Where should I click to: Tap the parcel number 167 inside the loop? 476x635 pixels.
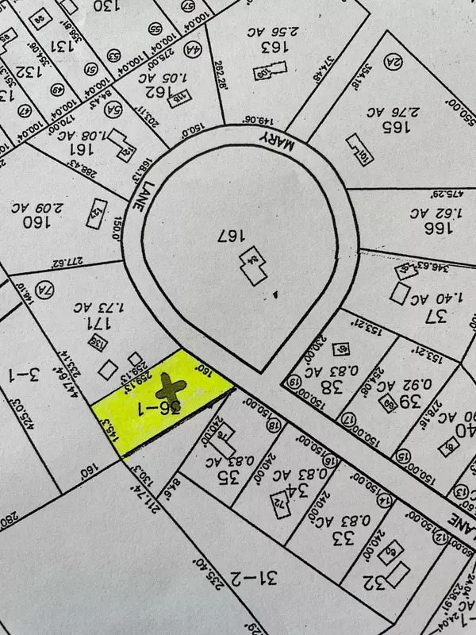click(228, 236)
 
